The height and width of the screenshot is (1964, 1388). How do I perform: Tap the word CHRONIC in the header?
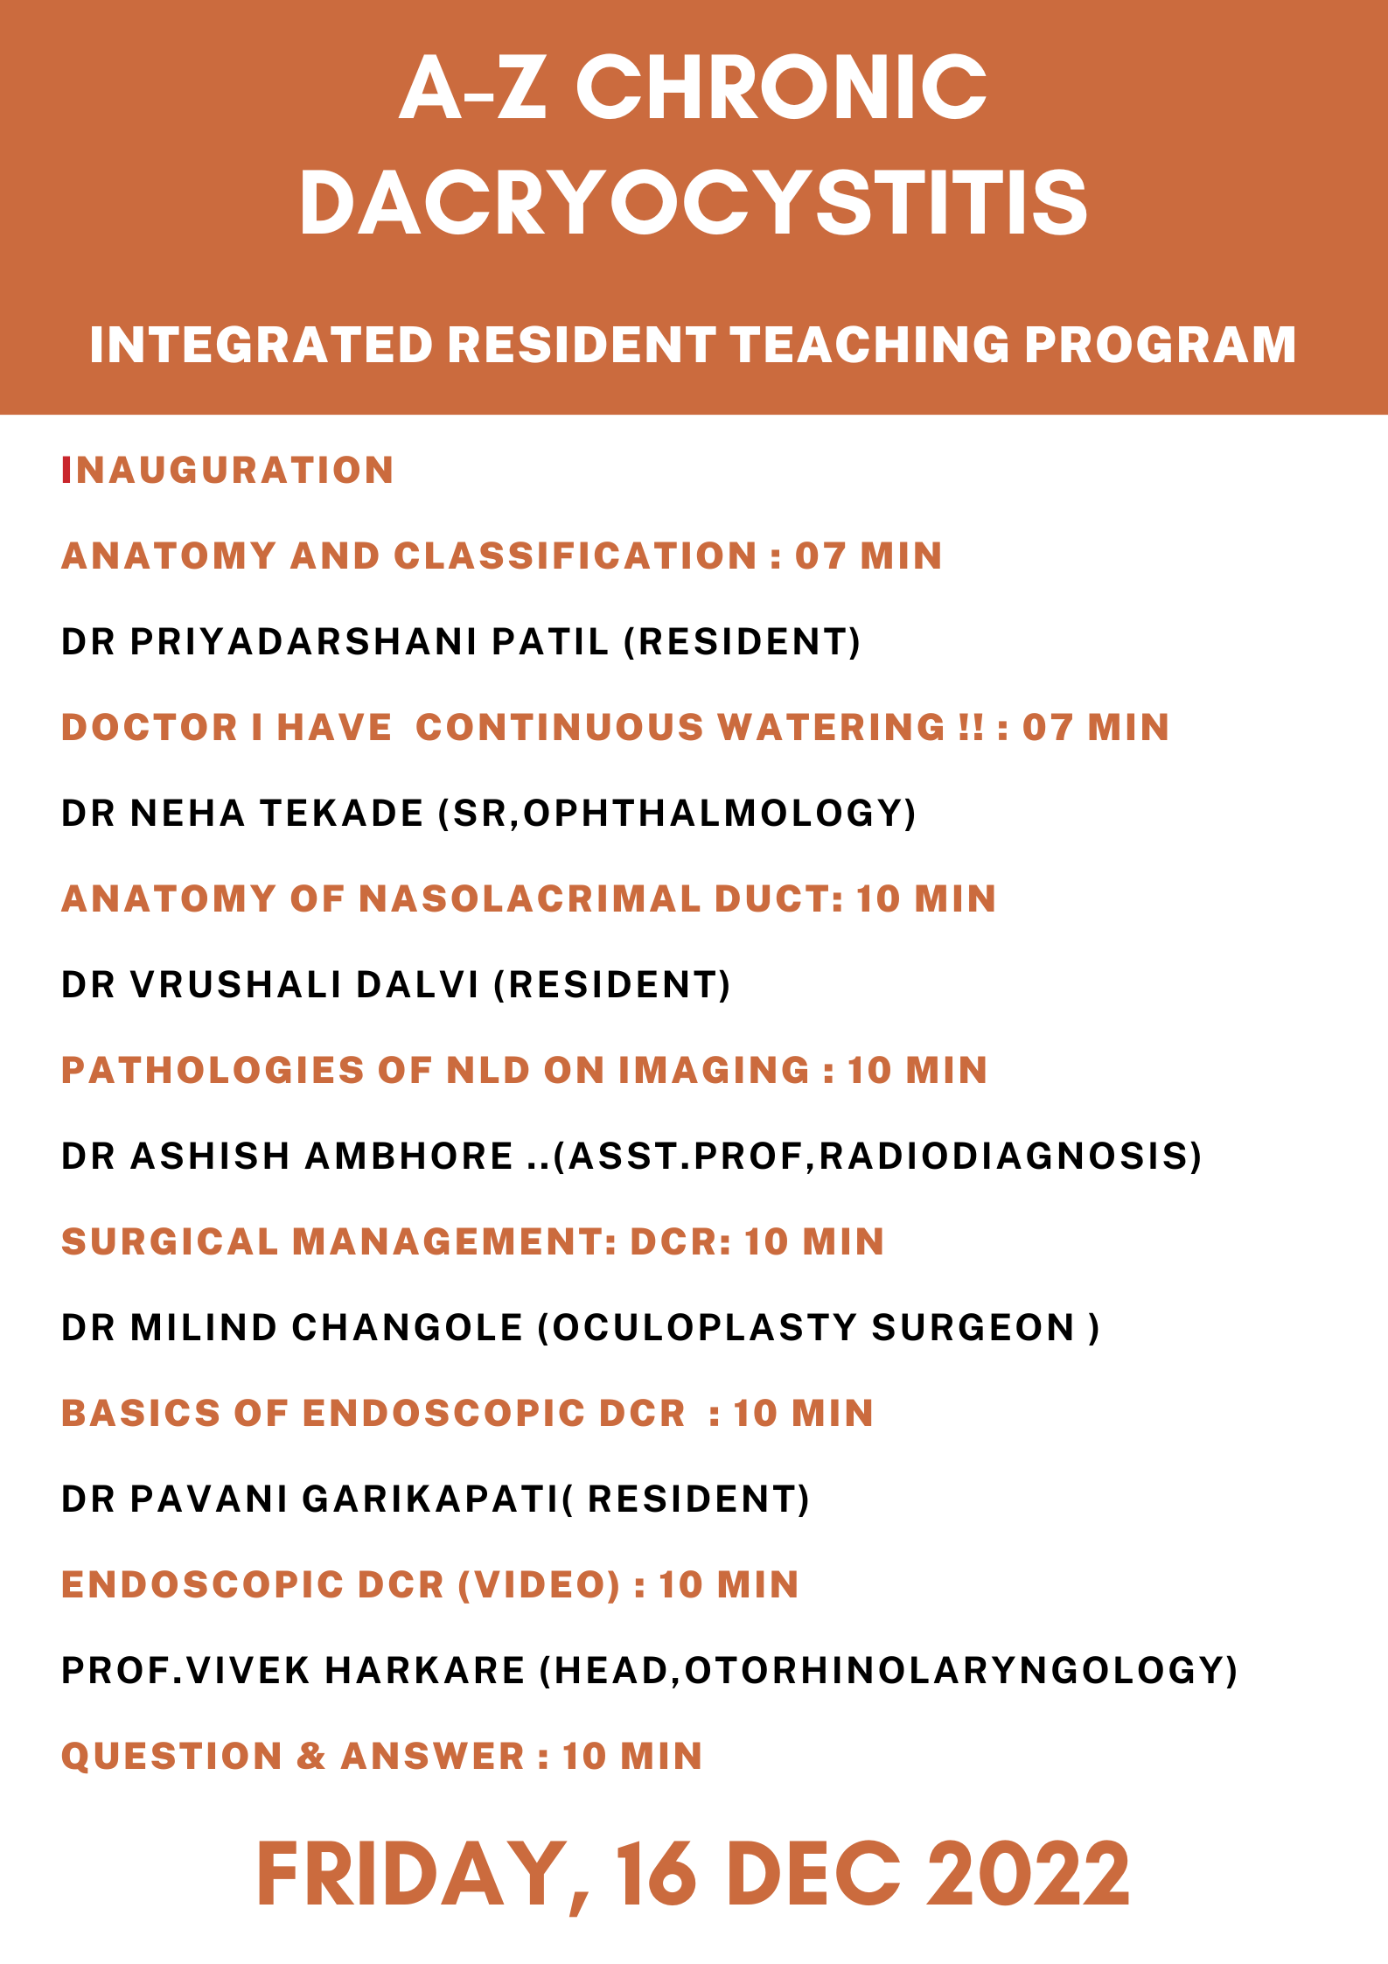[781, 87]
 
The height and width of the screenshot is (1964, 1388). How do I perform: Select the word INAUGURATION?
[227, 471]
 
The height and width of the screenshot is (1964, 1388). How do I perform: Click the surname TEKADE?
[342, 814]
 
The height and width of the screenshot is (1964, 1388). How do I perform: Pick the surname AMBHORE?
[409, 1157]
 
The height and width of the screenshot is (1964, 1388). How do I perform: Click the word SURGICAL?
[169, 1242]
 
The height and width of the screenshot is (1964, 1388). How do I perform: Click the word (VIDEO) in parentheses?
[539, 1585]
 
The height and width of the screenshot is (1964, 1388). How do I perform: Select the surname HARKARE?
[425, 1671]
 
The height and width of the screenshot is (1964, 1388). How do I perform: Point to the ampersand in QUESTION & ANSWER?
[310, 1757]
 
